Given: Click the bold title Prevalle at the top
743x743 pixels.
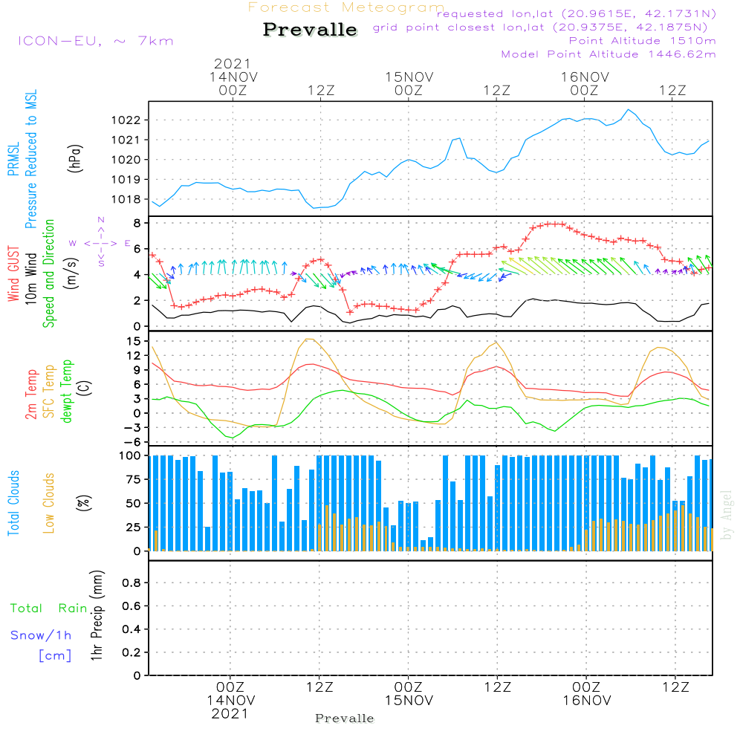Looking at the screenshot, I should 310,30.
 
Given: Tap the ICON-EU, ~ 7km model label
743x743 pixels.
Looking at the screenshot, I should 95,40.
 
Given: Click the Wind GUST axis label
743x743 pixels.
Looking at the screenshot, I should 14,275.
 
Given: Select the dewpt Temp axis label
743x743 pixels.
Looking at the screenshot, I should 67,392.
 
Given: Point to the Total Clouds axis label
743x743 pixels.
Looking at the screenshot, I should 14,503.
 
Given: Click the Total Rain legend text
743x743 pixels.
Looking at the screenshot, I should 48,609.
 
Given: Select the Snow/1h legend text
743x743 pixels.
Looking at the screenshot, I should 41,635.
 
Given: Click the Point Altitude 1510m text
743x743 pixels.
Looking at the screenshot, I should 642,40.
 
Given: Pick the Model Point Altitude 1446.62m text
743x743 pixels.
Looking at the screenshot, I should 609,54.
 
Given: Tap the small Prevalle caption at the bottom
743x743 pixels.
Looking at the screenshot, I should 345,718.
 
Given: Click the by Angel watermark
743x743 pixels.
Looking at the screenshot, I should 727,515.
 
